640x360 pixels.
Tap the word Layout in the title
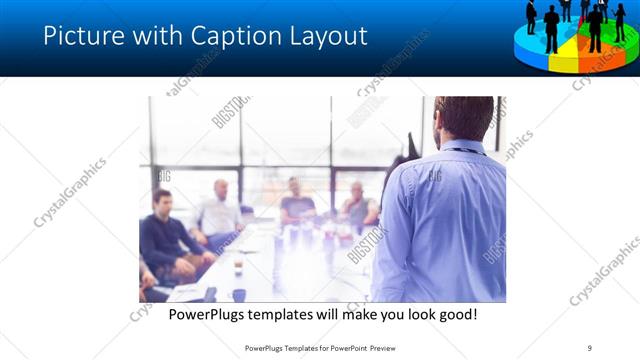325,36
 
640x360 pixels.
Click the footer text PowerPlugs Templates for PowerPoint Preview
320,347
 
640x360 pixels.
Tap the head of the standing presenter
463,118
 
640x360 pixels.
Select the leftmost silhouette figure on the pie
531,17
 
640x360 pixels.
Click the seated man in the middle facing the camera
296,203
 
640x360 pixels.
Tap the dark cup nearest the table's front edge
238,294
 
